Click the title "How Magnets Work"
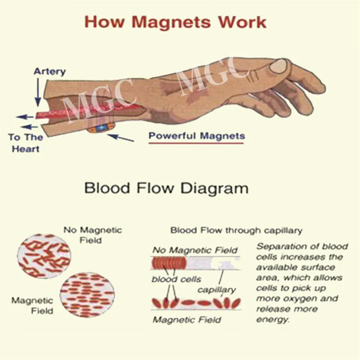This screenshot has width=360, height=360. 175,22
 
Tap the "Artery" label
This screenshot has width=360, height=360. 49,71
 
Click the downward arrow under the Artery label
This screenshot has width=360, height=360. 37,92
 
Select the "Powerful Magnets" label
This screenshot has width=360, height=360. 197,135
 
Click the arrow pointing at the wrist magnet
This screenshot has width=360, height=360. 121,135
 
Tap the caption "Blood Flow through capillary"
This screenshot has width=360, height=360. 236,230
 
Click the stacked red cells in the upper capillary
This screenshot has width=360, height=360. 169,262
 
